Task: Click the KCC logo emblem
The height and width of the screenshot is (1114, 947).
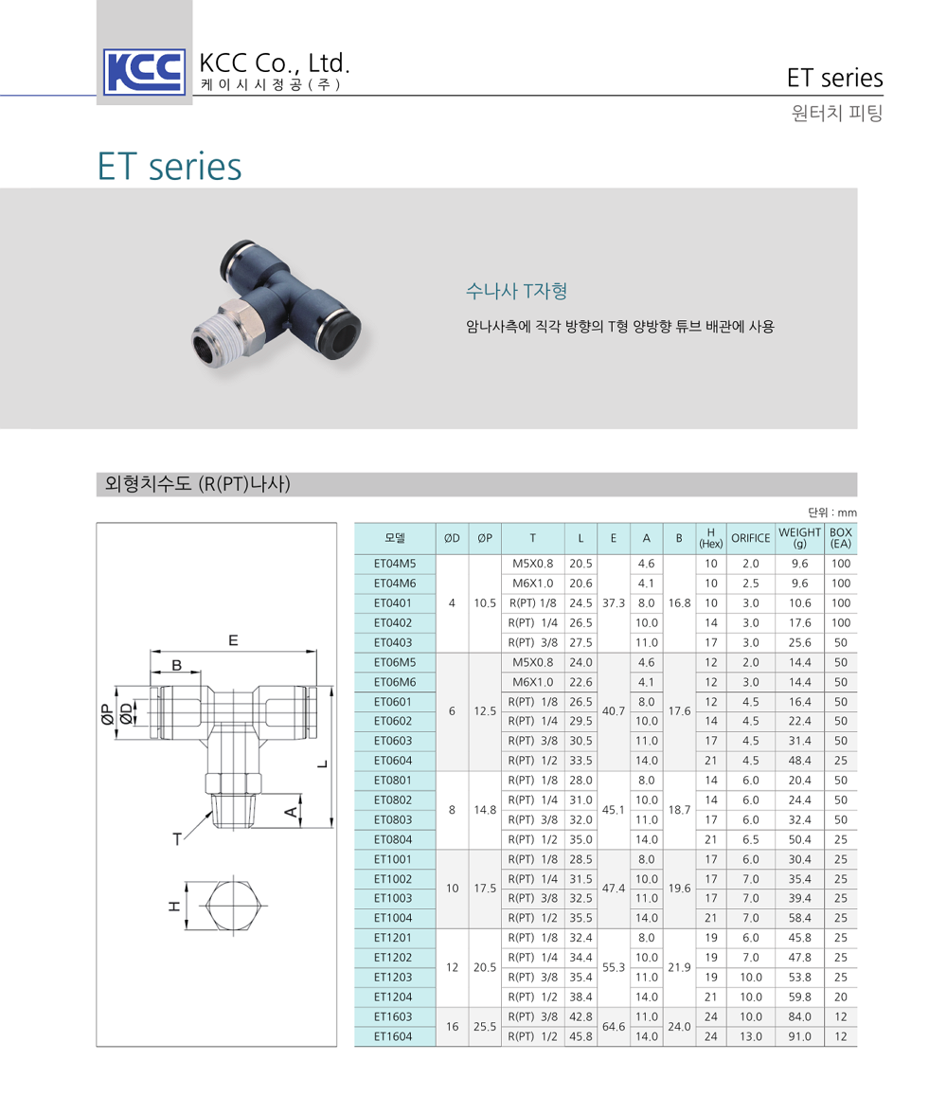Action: pyautogui.click(x=144, y=70)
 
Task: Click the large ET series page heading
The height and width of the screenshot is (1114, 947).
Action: pyautogui.click(x=170, y=167)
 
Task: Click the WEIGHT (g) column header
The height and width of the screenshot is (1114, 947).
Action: pyautogui.click(x=799, y=537)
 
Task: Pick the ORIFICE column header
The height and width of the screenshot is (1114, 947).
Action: pyautogui.click(x=750, y=538)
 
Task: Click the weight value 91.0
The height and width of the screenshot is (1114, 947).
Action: pyautogui.click(x=799, y=1036)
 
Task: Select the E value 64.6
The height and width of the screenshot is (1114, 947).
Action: pyautogui.click(x=614, y=1026)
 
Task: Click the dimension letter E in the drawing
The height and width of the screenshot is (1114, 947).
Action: pyautogui.click(x=233, y=640)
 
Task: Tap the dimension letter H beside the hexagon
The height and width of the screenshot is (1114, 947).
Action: pyautogui.click(x=173, y=906)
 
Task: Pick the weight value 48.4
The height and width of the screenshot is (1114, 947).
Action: pyautogui.click(x=799, y=761)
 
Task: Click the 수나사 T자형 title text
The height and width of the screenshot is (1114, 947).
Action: pyautogui.click(x=516, y=290)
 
